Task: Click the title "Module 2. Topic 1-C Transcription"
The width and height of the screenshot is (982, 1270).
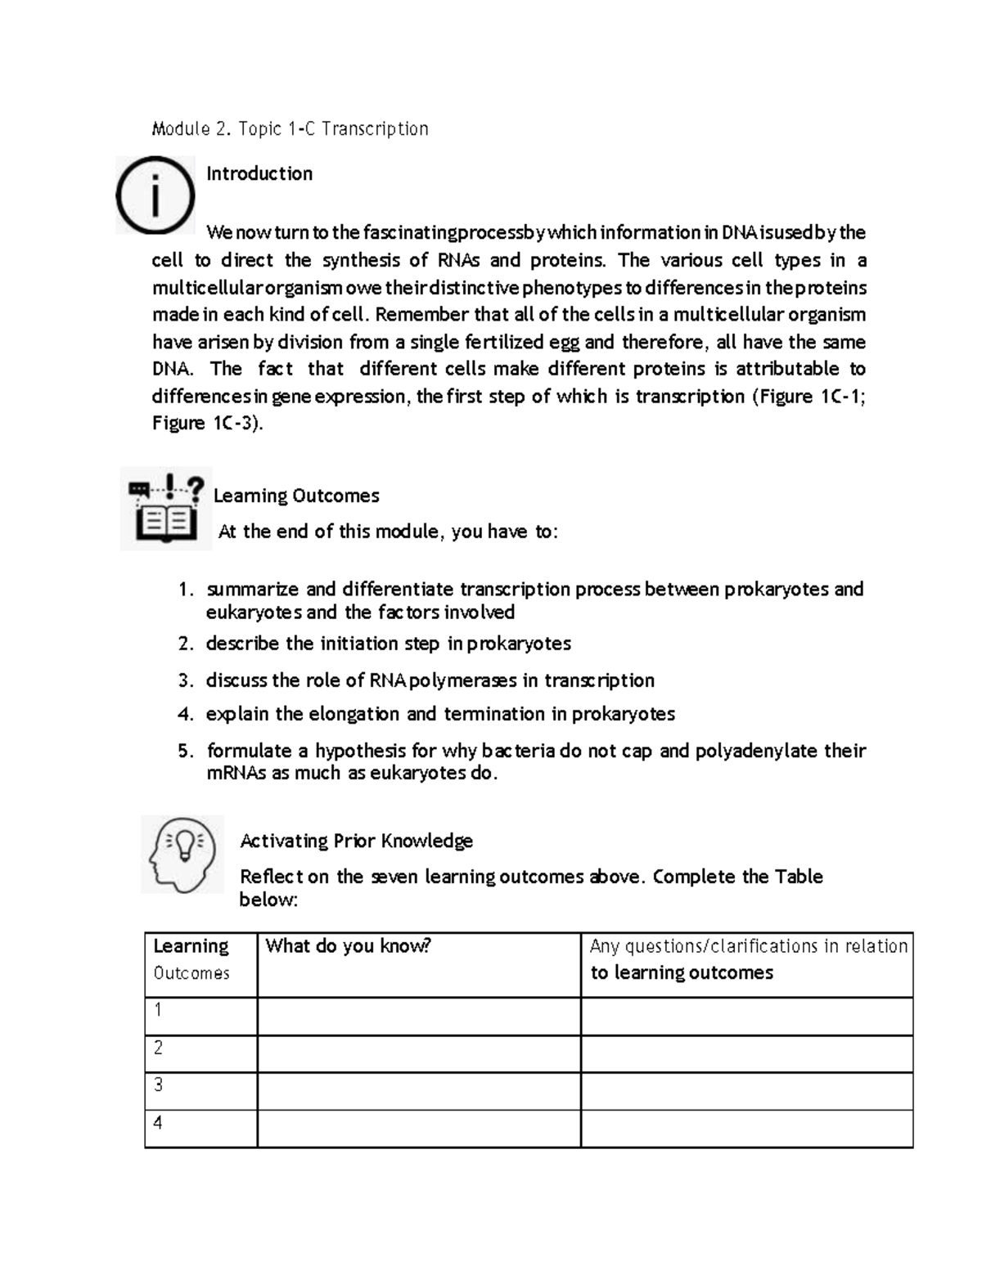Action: tap(291, 129)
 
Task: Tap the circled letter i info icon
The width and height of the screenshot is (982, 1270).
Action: tap(155, 195)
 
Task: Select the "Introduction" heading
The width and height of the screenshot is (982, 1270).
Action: tap(259, 173)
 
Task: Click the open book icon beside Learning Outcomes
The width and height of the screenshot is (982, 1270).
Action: tap(166, 509)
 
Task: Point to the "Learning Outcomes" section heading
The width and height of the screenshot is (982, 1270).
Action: tap(296, 496)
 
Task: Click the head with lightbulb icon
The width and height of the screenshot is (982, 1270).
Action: tap(182, 853)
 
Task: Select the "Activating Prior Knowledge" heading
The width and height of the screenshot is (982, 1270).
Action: tap(356, 841)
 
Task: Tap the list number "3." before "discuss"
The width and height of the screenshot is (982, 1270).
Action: tap(186, 680)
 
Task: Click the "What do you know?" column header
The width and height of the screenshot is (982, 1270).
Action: tap(348, 946)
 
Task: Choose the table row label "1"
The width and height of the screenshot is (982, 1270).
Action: tap(158, 1010)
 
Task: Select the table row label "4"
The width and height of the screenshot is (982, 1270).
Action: tap(158, 1123)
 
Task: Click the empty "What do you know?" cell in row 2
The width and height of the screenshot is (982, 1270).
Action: tap(418, 1053)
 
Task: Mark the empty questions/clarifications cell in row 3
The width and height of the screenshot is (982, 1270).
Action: tap(746, 1091)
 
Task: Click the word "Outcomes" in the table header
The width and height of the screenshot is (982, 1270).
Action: tap(191, 973)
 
